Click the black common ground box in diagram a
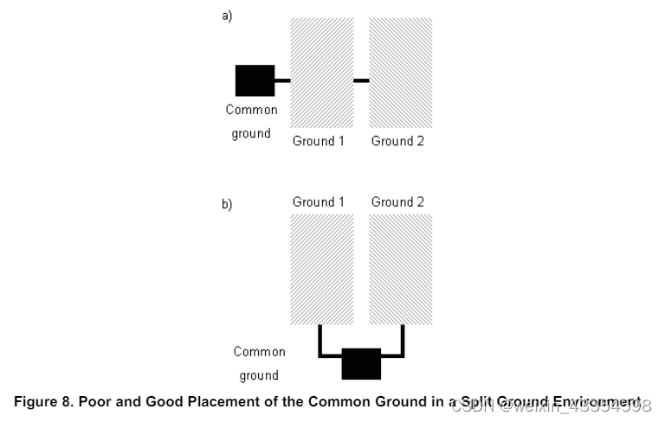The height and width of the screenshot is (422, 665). [255, 80]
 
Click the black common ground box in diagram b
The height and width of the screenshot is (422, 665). [361, 363]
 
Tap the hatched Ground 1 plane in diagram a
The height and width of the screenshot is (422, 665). [321, 74]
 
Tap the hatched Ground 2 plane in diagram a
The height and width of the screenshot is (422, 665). [400, 74]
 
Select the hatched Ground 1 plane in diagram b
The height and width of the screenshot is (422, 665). [321, 269]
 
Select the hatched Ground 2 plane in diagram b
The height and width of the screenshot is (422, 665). [400, 269]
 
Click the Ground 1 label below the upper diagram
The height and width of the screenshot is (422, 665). [319, 141]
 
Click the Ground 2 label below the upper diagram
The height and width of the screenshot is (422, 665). [397, 141]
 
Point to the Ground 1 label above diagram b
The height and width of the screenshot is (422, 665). [319, 202]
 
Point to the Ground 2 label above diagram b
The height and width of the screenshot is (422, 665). [397, 202]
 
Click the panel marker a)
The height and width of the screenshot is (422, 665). [227, 16]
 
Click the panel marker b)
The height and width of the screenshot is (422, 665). [227, 205]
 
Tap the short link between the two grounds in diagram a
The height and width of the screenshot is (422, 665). [361, 80]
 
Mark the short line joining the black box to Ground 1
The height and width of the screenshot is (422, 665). [282, 80]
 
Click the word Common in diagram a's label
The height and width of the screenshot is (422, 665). [251, 110]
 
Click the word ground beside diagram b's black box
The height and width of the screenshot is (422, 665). [259, 375]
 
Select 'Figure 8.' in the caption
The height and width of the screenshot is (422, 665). [40, 403]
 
